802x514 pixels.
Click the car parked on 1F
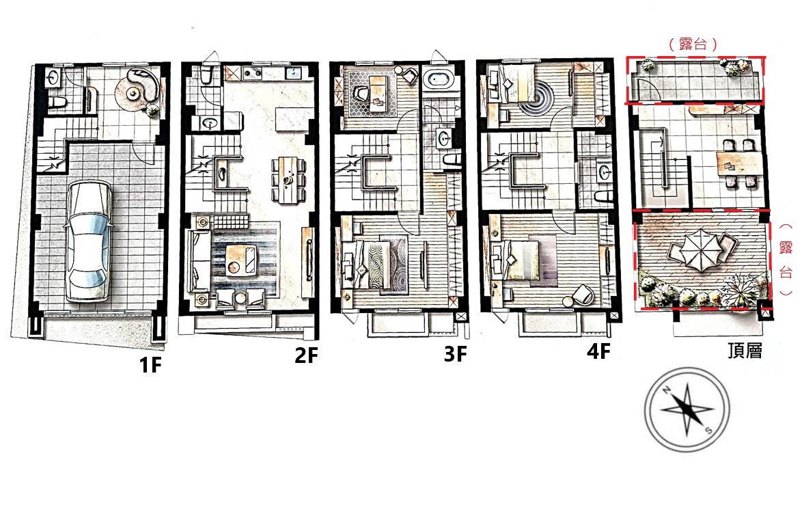88,241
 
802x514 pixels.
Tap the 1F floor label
150,365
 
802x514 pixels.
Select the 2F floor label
306,355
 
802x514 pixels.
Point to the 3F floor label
455,353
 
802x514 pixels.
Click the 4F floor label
598,351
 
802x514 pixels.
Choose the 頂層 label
745,351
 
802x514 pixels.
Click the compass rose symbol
687,409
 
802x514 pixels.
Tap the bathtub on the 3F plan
439,79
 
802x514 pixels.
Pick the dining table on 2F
289,179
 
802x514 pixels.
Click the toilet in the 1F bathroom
57,101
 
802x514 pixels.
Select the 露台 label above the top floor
693,44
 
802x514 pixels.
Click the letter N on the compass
667,390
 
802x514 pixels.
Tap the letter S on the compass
708,429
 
